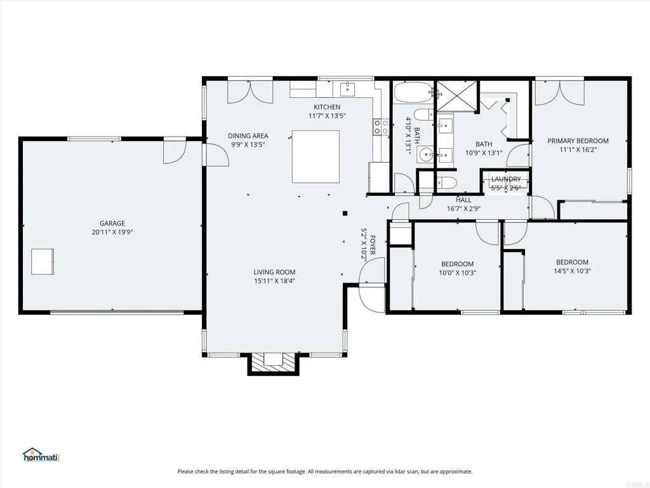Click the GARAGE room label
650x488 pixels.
click(112, 223)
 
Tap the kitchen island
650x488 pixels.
click(315, 156)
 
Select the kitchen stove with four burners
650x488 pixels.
click(381, 127)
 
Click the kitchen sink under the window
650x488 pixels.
click(348, 88)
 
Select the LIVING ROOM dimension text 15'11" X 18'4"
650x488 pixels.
click(275, 280)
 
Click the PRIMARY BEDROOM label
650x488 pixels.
click(578, 141)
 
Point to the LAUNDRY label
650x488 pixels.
click(506, 179)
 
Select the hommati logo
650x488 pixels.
click(41, 455)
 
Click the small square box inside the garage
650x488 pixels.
click(43, 261)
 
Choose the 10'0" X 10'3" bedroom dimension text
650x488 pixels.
click(457, 273)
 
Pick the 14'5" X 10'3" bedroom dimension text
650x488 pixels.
click(572, 271)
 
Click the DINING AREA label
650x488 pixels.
click(249, 135)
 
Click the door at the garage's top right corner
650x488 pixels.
click(173, 151)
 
